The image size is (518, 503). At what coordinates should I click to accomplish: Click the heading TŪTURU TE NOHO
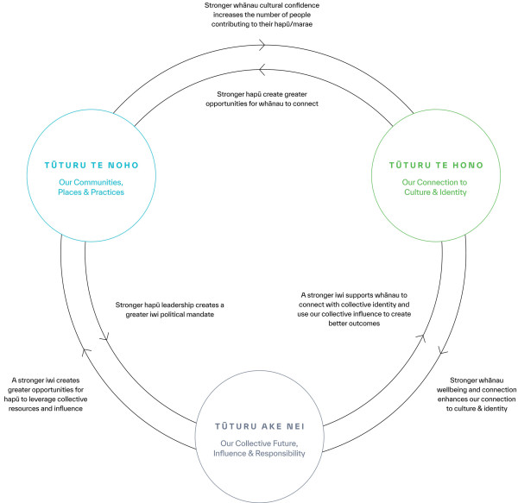pyautogui.click(x=92, y=165)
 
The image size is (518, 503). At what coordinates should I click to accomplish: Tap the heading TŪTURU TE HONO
pyautogui.click(x=436, y=165)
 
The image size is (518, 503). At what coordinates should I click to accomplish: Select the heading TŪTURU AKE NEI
pyautogui.click(x=260, y=426)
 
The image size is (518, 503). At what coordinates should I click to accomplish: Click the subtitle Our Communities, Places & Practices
pyautogui.click(x=92, y=187)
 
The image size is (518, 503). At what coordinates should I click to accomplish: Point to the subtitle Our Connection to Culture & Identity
pyautogui.click(x=435, y=187)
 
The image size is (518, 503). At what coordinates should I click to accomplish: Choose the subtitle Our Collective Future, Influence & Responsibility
pyautogui.click(x=259, y=448)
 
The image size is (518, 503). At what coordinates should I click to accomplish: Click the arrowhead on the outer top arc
pyautogui.click(x=262, y=45)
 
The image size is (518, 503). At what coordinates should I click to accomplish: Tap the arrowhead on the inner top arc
pyautogui.click(x=262, y=70)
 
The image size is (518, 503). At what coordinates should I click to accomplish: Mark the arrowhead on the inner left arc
pyautogui.click(x=104, y=337)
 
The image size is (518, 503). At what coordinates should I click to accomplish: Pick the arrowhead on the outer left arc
pyautogui.click(x=86, y=352)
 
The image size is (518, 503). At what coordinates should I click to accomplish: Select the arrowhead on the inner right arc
pyautogui.click(x=421, y=337)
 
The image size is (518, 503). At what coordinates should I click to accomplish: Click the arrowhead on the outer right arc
pyautogui.click(x=442, y=350)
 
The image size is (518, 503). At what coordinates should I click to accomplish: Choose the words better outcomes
pyautogui.click(x=354, y=324)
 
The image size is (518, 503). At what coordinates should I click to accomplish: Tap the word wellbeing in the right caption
pyautogui.click(x=452, y=390)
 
